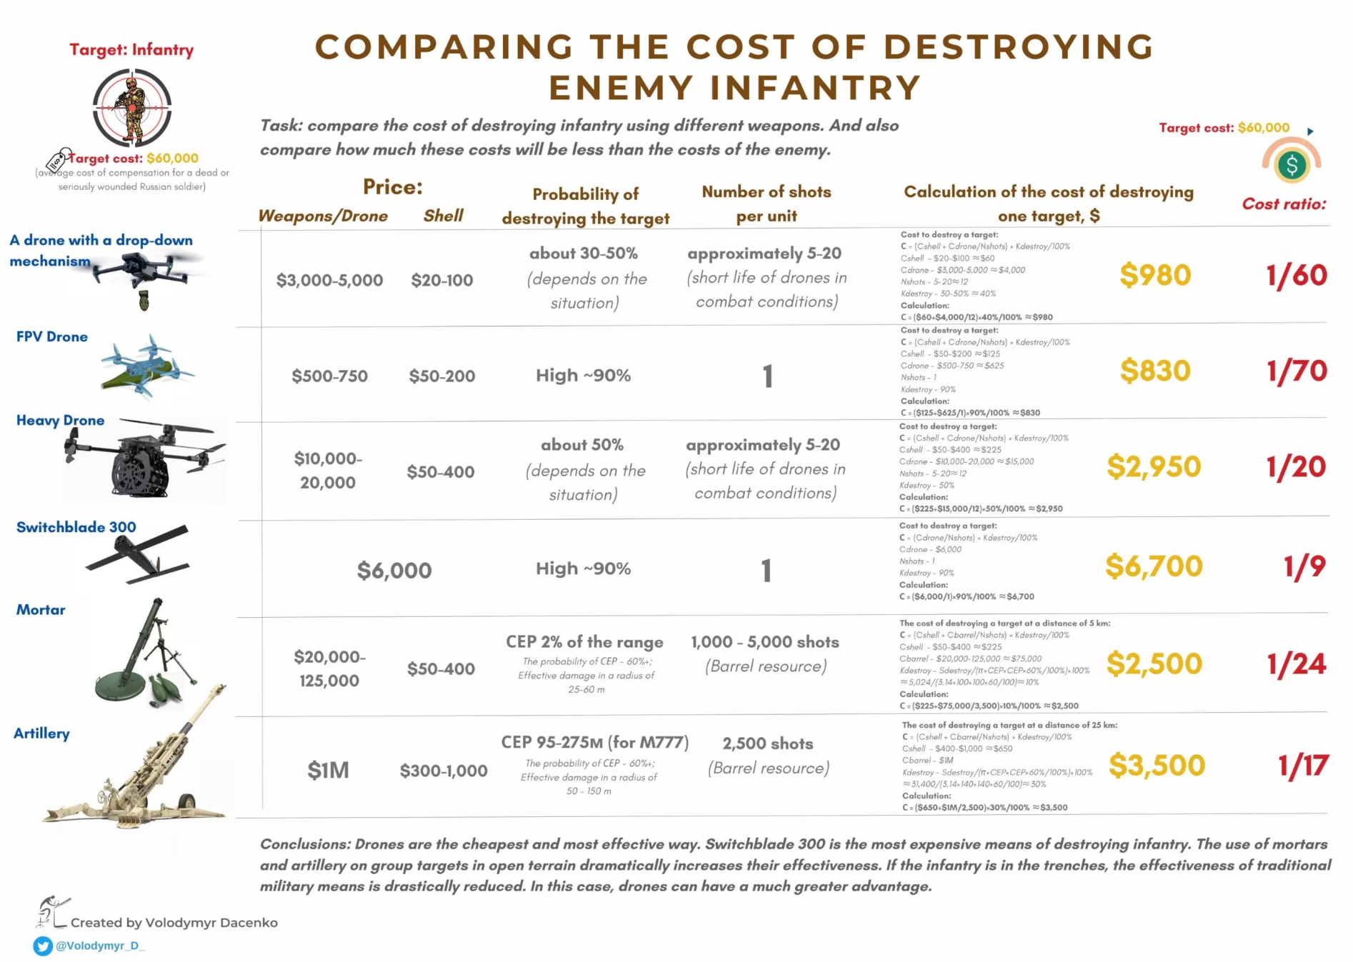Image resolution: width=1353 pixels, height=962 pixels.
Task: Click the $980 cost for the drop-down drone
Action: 1154,275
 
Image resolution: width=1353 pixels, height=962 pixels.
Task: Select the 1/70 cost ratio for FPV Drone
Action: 1296,371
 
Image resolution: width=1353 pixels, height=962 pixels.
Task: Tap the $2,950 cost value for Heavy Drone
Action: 1153,466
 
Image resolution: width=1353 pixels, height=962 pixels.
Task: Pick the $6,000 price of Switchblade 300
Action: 394,571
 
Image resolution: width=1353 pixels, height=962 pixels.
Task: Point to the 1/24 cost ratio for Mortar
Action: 1296,664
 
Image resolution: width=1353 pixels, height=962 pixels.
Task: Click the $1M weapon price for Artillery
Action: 328,770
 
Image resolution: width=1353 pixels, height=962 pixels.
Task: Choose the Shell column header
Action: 443,216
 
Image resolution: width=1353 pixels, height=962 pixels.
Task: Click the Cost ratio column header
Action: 1283,204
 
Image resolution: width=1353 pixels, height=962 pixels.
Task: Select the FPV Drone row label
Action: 52,336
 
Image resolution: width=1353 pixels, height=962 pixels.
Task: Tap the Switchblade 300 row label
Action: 76,527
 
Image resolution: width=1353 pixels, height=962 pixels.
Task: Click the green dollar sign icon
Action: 1291,165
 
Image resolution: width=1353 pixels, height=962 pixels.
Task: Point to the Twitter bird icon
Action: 43,946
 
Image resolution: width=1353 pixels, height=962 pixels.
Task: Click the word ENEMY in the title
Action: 620,88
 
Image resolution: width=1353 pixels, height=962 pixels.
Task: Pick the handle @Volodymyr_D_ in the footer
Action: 100,946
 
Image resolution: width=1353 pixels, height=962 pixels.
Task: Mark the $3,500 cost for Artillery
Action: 1156,766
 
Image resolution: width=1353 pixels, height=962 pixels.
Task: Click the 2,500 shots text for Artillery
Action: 767,744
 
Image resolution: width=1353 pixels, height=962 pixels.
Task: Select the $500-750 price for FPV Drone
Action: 329,376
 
